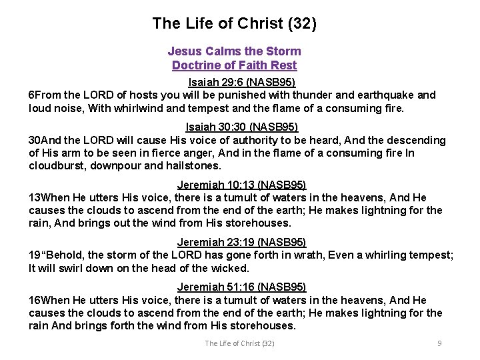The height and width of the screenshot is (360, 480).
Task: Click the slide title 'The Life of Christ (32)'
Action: pyautogui.click(x=234, y=24)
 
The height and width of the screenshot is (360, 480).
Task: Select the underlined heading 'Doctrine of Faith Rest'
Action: pyautogui.click(x=234, y=65)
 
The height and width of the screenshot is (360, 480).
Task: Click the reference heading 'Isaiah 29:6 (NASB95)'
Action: pyautogui.click(x=241, y=83)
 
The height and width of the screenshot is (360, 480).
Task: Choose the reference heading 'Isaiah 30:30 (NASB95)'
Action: pyautogui.click(x=241, y=127)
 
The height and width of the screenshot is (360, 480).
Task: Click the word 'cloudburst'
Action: pyautogui.click(x=55, y=166)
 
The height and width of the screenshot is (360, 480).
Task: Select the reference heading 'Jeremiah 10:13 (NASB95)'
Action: pyautogui.click(x=241, y=185)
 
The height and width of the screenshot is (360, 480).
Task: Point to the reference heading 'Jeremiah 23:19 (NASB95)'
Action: pyautogui.click(x=241, y=242)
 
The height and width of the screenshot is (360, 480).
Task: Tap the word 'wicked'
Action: pyautogui.click(x=231, y=269)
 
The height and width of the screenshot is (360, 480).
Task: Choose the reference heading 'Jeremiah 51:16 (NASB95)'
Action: pyautogui.click(x=241, y=287)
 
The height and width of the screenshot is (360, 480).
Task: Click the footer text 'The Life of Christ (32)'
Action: pyautogui.click(x=239, y=343)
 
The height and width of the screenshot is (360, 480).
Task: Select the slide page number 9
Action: pyautogui.click(x=439, y=343)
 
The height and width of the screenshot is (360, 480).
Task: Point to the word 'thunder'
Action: pyautogui.click(x=307, y=95)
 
